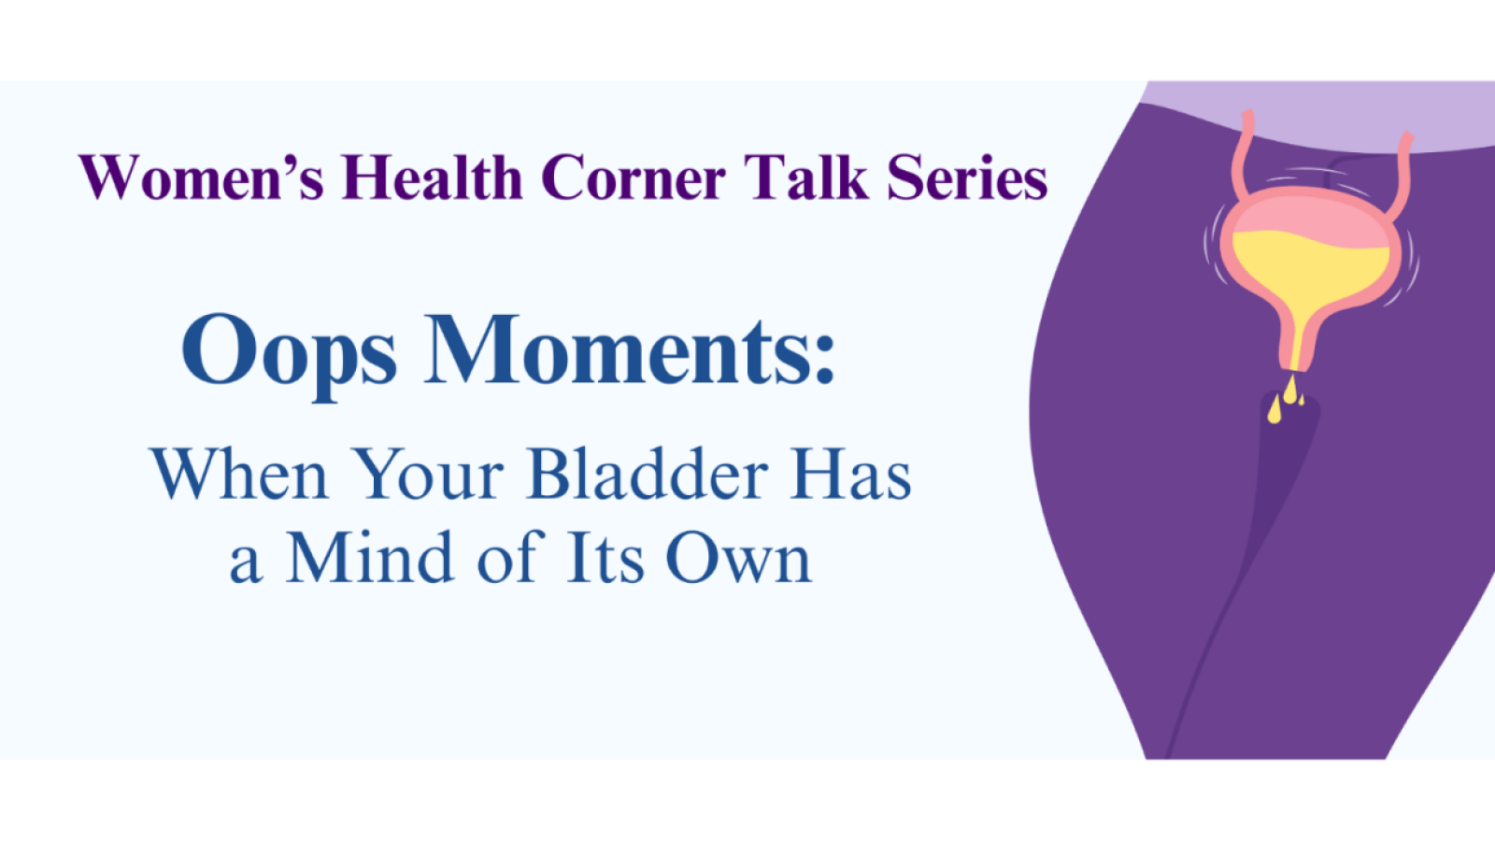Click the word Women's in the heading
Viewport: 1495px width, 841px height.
point(201,178)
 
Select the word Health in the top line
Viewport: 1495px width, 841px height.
point(432,178)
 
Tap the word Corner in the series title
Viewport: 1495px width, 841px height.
point(633,178)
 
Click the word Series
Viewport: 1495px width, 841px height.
point(967,178)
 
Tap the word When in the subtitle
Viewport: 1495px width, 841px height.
point(239,475)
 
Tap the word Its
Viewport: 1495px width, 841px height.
point(605,559)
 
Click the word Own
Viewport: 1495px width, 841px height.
point(738,559)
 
